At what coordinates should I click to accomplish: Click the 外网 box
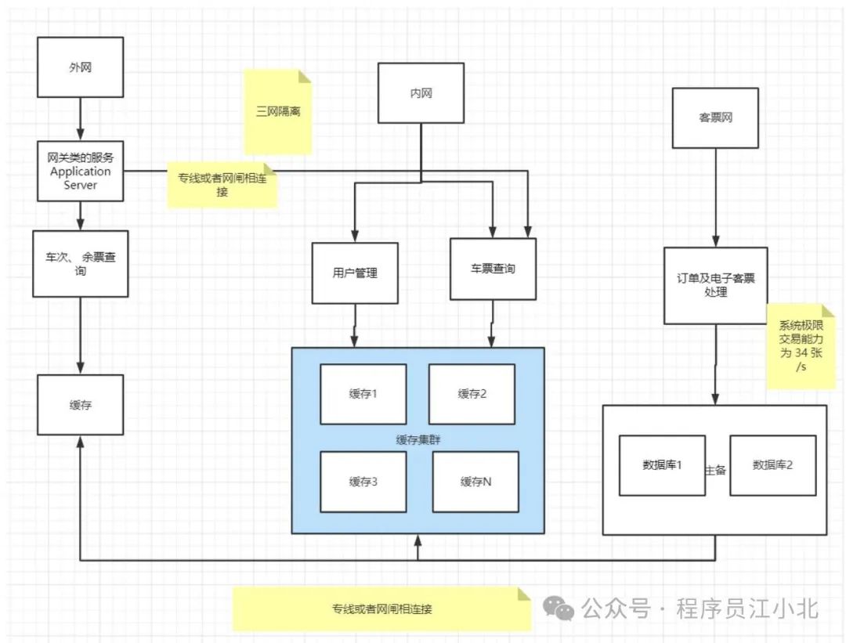[80, 68]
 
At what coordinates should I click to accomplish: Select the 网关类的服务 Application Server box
[80, 171]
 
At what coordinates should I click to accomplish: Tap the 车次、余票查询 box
[80, 263]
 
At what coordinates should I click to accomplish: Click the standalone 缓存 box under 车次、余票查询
[80, 404]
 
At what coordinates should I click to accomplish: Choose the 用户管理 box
[355, 273]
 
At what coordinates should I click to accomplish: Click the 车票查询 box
[493, 269]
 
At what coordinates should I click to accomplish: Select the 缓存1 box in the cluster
[363, 394]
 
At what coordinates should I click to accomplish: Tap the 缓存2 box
[472, 394]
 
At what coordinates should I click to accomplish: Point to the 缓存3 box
[363, 482]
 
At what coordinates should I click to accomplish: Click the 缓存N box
[475, 482]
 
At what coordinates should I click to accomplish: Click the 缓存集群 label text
[418, 439]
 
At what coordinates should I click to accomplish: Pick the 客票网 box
[715, 117]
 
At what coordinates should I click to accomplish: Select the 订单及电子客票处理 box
[715, 285]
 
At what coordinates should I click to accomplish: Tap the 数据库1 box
[662, 465]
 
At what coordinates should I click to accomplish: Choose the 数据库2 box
[772, 465]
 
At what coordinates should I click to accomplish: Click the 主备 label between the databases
[717, 470]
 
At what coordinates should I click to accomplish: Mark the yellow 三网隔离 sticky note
[278, 111]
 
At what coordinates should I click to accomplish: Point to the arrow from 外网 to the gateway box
[80, 120]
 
